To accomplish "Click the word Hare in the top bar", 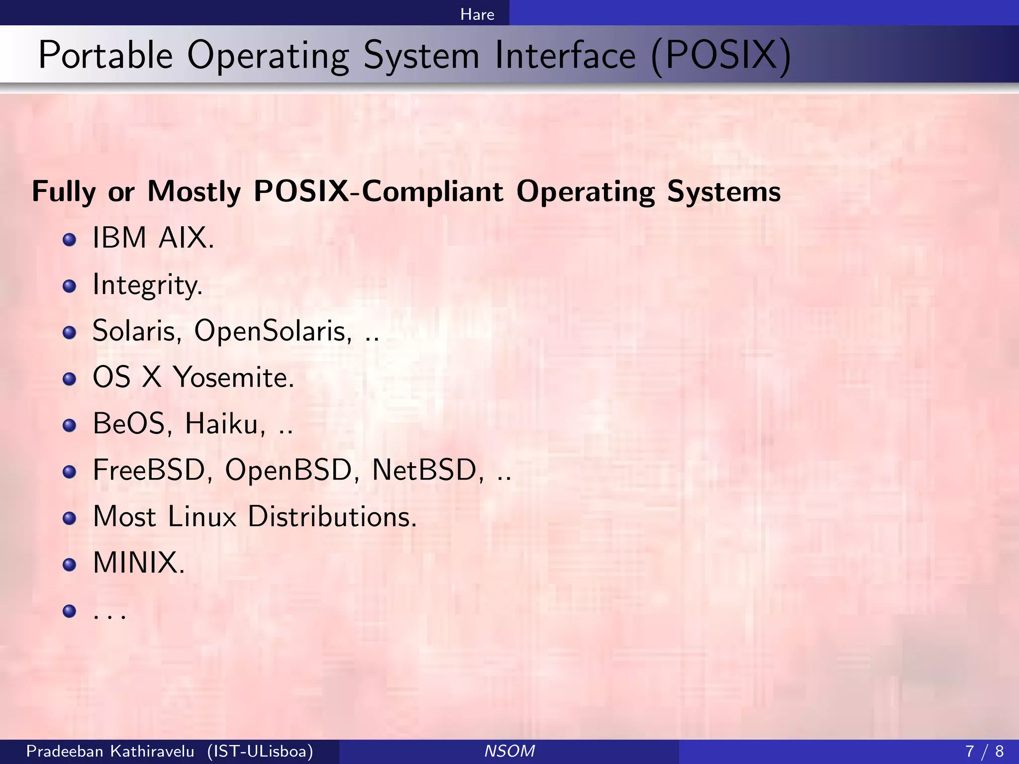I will point(477,14).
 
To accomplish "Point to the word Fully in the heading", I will point(64,192).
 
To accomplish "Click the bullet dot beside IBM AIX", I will point(70,240).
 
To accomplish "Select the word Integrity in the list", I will point(147,285).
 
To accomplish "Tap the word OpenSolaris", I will point(273,331).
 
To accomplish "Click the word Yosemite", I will point(234,378).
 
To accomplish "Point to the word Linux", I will point(202,516).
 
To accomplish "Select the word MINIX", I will point(139,563).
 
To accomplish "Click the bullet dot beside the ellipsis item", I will point(70,610).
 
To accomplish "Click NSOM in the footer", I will point(509,751).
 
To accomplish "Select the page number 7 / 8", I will point(984,751).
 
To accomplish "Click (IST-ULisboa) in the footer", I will point(260,751).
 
